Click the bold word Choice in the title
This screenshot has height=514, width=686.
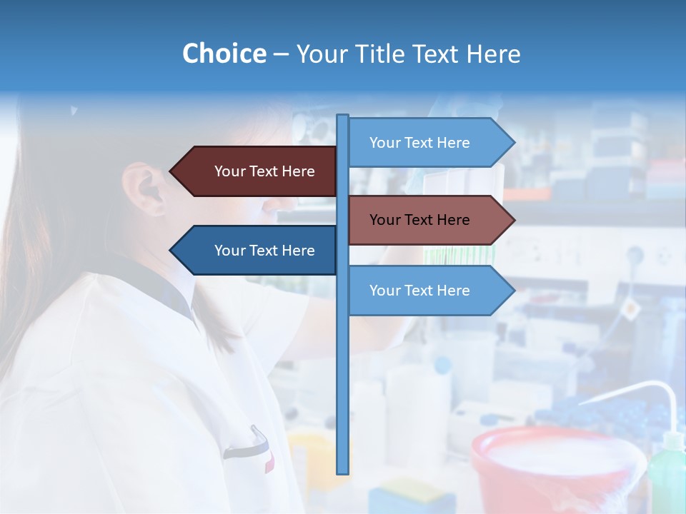[x=224, y=54]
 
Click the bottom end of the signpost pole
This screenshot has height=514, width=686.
[x=343, y=471]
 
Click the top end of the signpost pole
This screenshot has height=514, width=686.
[x=343, y=116]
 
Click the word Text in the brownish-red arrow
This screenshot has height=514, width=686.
[x=419, y=220]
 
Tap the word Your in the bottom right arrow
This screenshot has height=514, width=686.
[x=384, y=291]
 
